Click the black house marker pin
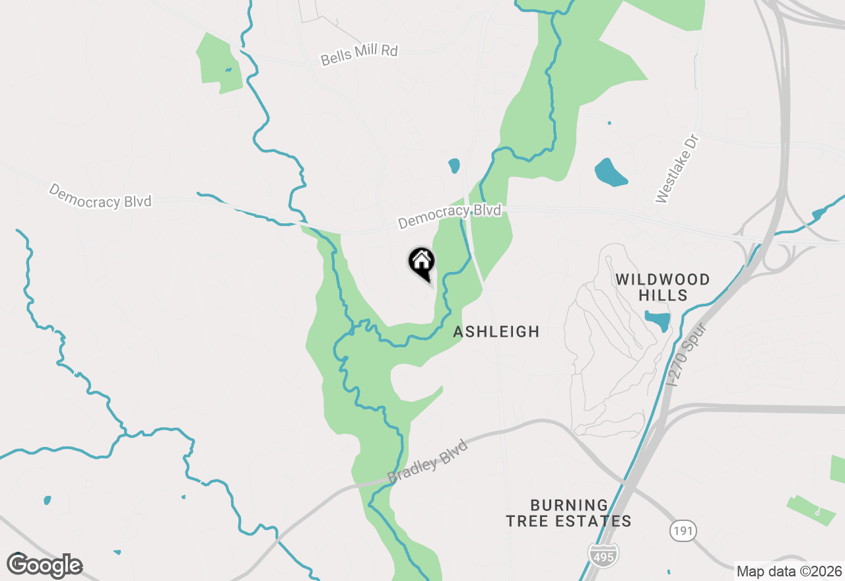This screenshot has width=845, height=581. (421, 261)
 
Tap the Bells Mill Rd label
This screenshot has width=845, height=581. (359, 55)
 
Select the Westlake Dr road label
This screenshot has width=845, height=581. (677, 168)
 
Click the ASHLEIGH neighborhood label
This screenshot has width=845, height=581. (496, 331)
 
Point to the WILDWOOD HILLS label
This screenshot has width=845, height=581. (662, 287)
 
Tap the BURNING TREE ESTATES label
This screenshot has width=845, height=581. (568, 514)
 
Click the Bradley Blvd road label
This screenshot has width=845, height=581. (428, 461)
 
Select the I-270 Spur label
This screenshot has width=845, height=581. (687, 354)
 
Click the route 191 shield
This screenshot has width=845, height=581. (683, 530)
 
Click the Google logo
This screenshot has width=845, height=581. (45, 565)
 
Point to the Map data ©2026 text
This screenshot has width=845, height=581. (789, 571)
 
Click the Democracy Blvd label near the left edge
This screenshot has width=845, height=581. (100, 196)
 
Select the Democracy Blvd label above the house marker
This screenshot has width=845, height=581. (449, 216)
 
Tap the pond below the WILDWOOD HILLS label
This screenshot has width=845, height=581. (658, 321)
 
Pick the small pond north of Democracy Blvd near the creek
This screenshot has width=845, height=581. (454, 165)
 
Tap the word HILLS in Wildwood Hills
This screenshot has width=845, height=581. (663, 295)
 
